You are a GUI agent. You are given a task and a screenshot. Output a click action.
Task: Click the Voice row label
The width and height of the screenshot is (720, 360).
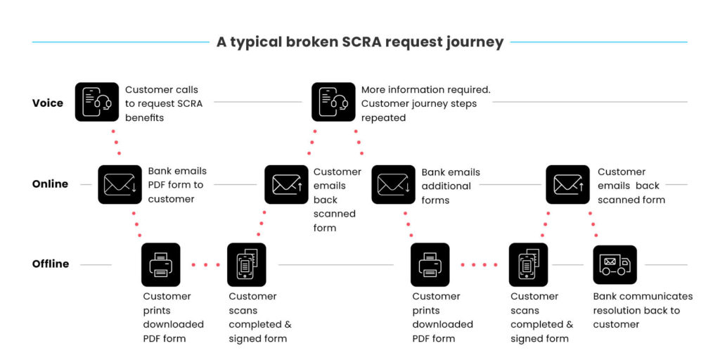pyautogui.click(x=48, y=103)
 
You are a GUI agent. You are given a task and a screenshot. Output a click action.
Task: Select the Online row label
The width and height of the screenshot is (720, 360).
pyautogui.click(x=51, y=184)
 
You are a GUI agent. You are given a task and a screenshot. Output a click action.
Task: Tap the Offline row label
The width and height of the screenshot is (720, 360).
pyautogui.click(x=51, y=264)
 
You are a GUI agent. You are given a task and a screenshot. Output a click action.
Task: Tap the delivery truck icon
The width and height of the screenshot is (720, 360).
pyautogui.click(x=615, y=264)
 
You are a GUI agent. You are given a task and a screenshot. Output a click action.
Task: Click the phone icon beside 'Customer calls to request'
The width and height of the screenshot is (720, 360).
pyautogui.click(x=97, y=103)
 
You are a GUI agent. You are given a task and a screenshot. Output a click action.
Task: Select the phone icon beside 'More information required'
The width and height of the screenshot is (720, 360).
pyautogui.click(x=333, y=103)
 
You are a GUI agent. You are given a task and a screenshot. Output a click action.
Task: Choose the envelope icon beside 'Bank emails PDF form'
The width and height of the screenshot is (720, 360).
pyautogui.click(x=119, y=184)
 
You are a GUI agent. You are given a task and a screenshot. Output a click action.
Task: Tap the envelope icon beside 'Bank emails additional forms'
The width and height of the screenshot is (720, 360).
pyautogui.click(x=393, y=184)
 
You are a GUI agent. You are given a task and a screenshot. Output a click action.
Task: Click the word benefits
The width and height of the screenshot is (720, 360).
pyautogui.click(x=144, y=117)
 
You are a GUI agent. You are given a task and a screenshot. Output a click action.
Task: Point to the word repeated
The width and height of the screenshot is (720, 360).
pyautogui.click(x=384, y=117)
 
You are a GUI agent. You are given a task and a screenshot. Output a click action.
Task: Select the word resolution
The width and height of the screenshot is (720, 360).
pyautogui.click(x=619, y=310)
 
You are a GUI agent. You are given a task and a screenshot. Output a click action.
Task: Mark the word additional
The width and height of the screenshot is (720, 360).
pyautogui.click(x=446, y=186)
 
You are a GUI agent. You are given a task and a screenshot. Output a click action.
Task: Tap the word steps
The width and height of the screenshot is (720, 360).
pyautogui.click(x=463, y=103)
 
